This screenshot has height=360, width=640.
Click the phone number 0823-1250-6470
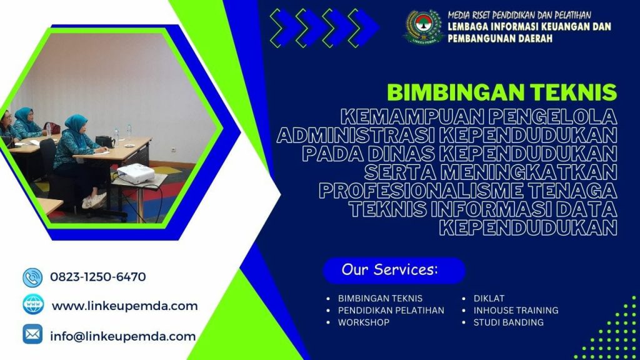coord(97,277)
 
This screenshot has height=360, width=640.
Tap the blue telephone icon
coord(32,277)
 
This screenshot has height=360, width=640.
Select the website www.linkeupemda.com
coord(124,306)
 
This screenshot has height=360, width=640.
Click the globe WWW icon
coord(33,306)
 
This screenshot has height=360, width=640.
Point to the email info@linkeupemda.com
coord(122,336)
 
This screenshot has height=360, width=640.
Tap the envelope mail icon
coord(32,335)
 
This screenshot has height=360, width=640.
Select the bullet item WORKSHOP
coord(363,322)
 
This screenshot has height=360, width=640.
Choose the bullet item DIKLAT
coord(489,298)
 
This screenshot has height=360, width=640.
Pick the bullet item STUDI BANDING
coord(508,322)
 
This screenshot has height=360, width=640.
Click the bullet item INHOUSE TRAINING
coord(516,310)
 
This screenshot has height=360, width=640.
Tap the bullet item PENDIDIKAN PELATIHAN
coord(391,310)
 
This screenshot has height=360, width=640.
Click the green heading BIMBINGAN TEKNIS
coord(502,92)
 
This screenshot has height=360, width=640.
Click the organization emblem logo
coord(422,27)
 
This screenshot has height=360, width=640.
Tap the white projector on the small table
coord(136,173)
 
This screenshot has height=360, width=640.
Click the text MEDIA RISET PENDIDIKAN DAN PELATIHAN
coord(519,14)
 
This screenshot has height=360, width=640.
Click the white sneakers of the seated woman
coord(94,199)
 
